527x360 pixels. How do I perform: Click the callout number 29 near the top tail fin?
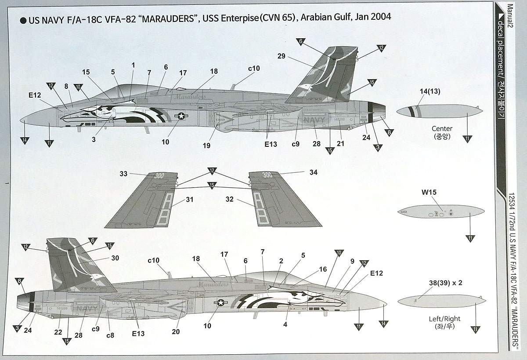(282, 56)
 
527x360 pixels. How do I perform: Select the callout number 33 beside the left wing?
(123, 174)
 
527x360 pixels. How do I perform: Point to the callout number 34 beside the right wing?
(313, 173)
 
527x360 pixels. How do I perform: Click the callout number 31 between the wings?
(189, 199)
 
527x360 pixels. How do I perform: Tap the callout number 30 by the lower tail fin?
(115, 258)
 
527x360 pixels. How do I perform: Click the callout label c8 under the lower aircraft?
(110, 335)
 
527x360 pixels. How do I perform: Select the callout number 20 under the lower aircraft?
(176, 332)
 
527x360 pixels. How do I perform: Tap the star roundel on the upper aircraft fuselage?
(181, 116)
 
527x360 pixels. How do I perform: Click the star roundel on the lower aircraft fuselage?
(220, 303)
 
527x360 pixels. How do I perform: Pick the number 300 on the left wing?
(159, 175)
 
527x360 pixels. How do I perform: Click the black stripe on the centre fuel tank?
(414, 111)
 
